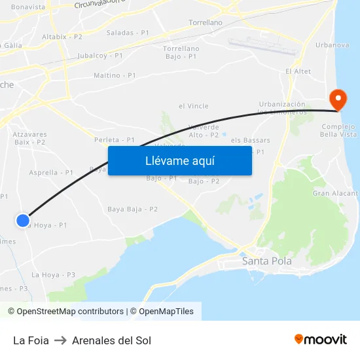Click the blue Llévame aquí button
179,160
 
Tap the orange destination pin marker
338,100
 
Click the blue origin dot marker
23,221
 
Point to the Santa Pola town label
267,261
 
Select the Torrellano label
205,22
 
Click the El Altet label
298,71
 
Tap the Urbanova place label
332,45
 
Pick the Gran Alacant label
335,193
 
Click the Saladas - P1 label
128,32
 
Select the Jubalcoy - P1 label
100,56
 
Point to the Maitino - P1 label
115,75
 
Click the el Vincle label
193,106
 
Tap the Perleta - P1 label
115,140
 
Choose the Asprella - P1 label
51,173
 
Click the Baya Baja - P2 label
132,209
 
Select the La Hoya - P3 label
54,275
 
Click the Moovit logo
321,340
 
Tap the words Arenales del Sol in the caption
111,340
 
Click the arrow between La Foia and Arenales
60,340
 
